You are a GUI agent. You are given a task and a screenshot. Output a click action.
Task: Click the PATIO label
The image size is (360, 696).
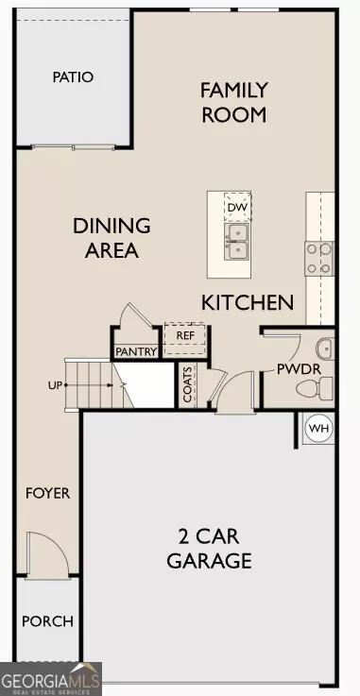pyautogui.click(x=73, y=76)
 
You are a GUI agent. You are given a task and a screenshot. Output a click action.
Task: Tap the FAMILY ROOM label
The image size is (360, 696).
pyautogui.click(x=233, y=102)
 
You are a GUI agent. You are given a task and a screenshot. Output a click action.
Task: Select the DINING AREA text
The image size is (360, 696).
pyautogui.click(x=112, y=238)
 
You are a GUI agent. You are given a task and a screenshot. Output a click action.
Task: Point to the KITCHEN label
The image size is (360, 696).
pyautogui.click(x=248, y=302)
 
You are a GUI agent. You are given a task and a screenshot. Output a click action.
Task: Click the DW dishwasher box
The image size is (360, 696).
pyautogui.click(x=236, y=206)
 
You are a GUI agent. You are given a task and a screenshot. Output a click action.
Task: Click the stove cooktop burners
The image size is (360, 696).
pyautogui.click(x=319, y=257)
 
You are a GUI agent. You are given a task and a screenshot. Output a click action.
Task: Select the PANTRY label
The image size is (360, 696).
pyautogui.click(x=136, y=351)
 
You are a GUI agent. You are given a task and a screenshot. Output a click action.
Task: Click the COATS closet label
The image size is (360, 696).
pyautogui.click(x=188, y=384)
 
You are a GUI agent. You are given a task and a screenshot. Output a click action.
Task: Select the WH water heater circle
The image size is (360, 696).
pyautogui.click(x=319, y=429)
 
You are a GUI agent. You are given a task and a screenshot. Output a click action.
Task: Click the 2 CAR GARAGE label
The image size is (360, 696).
pyautogui.click(x=209, y=548)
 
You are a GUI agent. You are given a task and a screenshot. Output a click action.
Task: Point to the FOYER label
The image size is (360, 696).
pyautogui.click(x=47, y=493)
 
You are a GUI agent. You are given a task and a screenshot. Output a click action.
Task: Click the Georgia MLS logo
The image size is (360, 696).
pyautogui.click(x=51, y=680)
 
